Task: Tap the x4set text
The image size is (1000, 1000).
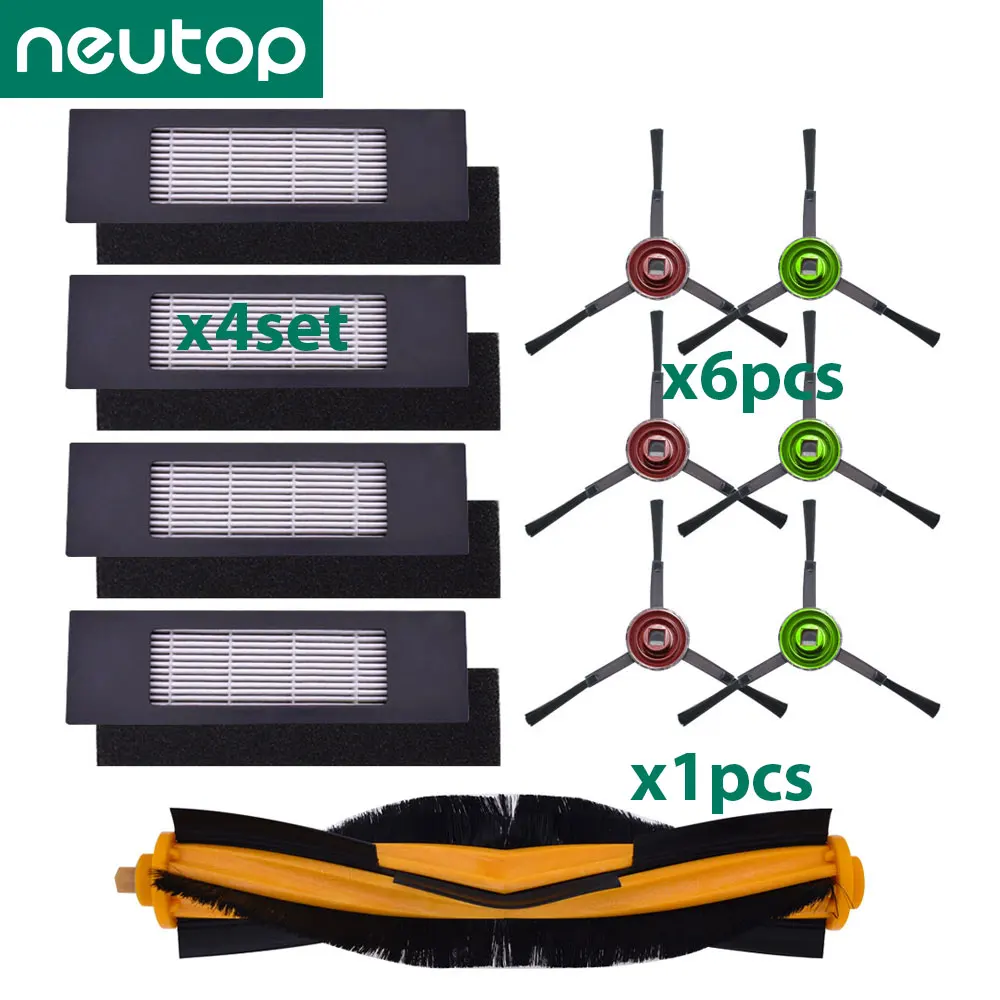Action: click(x=261, y=327)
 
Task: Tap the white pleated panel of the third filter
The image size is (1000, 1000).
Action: click(x=267, y=497)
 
